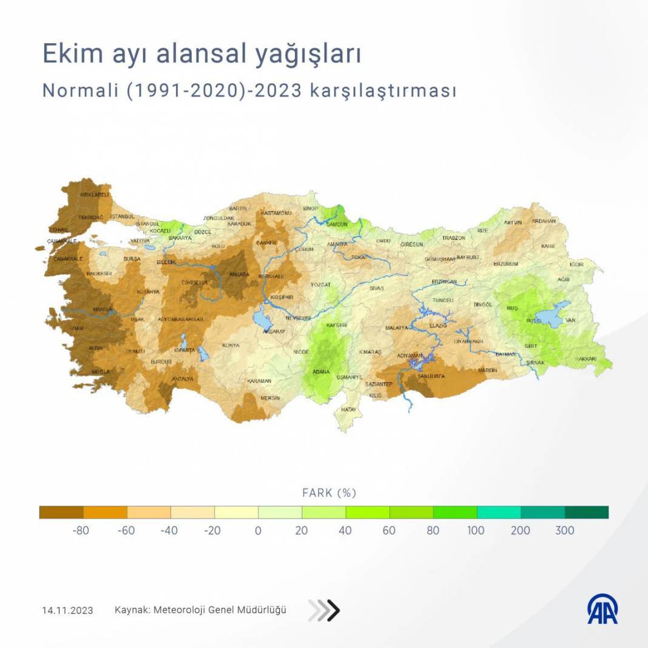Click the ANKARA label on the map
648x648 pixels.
pos(239,274)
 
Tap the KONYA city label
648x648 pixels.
pos(231,345)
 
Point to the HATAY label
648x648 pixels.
pos(348,410)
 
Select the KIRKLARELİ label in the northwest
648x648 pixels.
pos(95,195)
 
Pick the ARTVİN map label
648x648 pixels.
pos(513,223)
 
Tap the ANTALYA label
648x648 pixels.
pos(183,379)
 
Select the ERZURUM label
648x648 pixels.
pos(505,264)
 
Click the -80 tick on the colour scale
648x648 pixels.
pos(81,530)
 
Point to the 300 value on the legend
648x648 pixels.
pos(564,530)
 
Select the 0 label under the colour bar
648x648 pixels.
pos(258,530)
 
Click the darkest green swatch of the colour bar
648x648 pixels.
pos(586,513)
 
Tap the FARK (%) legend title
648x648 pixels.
pos(328,493)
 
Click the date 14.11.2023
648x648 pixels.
pos(67,610)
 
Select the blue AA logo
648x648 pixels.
pos(602,609)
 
